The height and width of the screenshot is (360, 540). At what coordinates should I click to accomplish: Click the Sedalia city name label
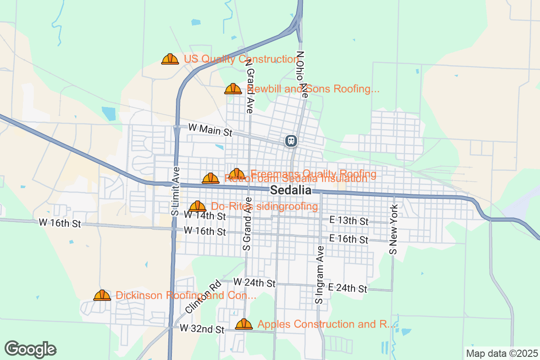tap(291, 190)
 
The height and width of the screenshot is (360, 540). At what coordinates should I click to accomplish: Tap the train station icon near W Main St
tap(291, 141)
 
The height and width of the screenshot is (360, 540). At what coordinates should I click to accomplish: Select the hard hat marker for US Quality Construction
tap(170, 59)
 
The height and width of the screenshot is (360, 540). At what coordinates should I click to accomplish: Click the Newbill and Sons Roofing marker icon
tap(233, 89)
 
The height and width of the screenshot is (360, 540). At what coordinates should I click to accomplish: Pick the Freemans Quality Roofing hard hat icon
tap(237, 174)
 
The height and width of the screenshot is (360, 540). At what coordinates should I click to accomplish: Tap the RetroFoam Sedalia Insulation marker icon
tap(211, 179)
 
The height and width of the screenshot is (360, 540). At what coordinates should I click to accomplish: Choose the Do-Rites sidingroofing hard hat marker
tap(197, 207)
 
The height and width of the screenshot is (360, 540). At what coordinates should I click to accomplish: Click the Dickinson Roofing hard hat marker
tap(102, 295)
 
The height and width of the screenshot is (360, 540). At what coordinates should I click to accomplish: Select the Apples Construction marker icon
tap(244, 324)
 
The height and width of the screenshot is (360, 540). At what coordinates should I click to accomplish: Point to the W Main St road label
tap(210, 130)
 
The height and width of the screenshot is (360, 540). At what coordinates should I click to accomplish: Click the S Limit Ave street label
tap(175, 191)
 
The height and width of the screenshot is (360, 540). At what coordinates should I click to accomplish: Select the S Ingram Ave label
tap(319, 274)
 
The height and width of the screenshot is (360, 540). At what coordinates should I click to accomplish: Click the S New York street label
tap(394, 229)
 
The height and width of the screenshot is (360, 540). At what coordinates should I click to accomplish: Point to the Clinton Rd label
tap(203, 297)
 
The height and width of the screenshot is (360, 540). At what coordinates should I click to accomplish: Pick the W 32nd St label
tap(202, 329)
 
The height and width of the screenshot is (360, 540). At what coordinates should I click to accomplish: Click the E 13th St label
tap(349, 221)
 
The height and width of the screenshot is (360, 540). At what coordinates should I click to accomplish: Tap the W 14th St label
tap(205, 216)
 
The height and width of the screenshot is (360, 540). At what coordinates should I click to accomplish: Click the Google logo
tap(31, 349)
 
